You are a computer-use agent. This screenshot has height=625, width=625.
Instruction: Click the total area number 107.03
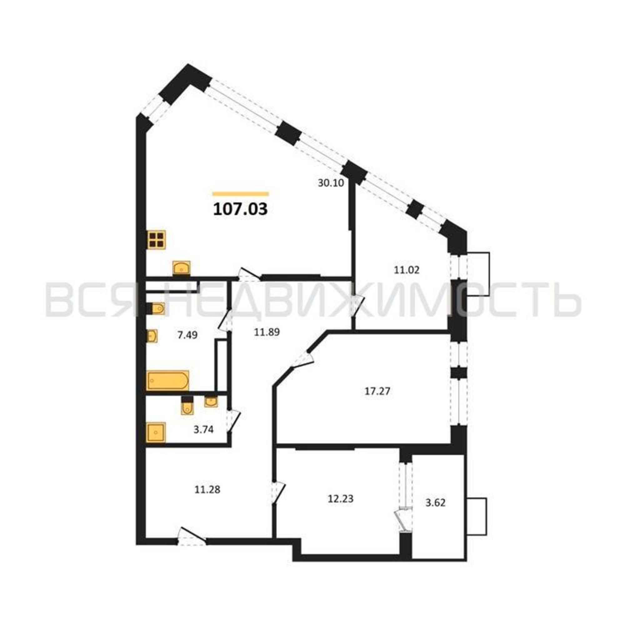click(240, 209)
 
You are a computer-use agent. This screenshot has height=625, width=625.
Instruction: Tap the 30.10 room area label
click(331, 183)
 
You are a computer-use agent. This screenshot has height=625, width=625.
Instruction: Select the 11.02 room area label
click(406, 270)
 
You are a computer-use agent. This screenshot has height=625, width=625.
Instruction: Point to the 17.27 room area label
click(377, 392)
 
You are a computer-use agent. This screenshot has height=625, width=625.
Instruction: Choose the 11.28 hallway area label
click(207, 490)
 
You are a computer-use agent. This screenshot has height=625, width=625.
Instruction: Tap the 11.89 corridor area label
click(267, 332)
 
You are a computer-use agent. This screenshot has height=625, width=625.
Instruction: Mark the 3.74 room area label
click(204, 430)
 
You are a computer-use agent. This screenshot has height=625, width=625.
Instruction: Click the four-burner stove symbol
click(156, 239)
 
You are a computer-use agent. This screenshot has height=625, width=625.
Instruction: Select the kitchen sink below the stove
click(182, 268)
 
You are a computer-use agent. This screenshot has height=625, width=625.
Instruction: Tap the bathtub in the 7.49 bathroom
click(167, 380)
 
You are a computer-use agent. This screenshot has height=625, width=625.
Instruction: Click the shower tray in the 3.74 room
click(156, 432)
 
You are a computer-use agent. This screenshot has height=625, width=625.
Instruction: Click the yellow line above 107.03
click(241, 194)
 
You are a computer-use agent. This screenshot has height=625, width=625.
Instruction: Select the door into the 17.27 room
click(302, 358)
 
